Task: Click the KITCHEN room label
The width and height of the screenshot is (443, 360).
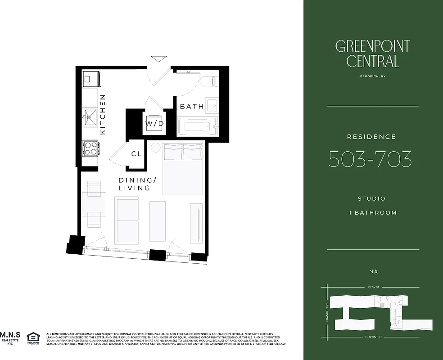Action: [103, 114]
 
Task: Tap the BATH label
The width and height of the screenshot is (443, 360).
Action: [192, 107]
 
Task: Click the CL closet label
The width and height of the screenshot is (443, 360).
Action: [136, 154]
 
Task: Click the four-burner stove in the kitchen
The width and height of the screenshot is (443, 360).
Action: [90, 148]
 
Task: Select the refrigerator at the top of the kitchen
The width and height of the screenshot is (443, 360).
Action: [90, 79]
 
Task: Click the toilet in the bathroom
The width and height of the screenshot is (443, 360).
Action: [209, 81]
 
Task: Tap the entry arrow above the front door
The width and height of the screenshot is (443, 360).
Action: [158, 58]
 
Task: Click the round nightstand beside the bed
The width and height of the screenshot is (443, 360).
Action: [155, 147]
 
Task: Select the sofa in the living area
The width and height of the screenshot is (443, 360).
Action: [127, 220]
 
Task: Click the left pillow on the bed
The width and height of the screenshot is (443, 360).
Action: [173, 152]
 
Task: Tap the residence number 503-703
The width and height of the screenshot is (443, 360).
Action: [370, 159]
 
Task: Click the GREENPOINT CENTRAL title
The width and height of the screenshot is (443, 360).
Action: [372, 53]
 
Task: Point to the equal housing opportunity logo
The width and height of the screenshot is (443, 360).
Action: [33, 337]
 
